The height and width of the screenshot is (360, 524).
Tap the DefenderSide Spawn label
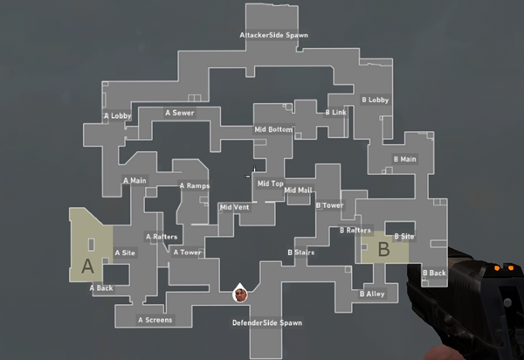266,323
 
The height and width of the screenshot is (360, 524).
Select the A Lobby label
118,114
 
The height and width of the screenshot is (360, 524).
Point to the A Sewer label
180,113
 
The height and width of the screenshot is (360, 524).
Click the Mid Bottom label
273,129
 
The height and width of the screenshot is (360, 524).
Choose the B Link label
336,113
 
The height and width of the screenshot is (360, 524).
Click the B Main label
405,159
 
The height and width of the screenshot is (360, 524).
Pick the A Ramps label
195,185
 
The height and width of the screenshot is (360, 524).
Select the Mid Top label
270,184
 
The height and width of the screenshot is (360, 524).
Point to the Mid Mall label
298,190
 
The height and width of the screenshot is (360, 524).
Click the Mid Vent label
234,207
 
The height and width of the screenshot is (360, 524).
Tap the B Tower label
330,205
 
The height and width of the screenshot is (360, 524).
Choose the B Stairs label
301,253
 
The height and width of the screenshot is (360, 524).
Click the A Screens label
155,320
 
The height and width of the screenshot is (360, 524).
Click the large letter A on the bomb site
86,267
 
